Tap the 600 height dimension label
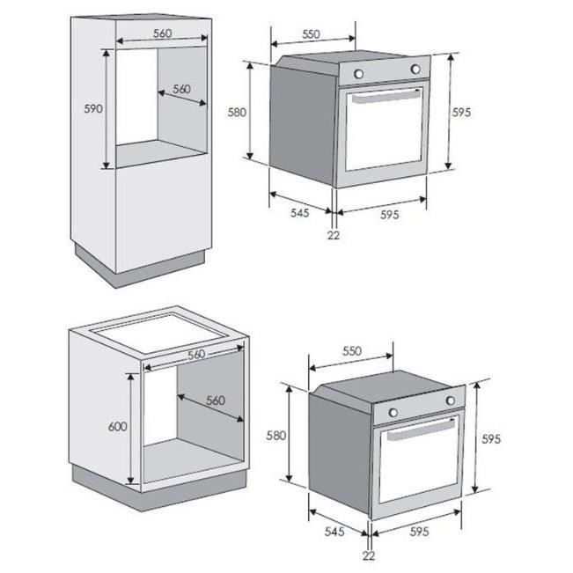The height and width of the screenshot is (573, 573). coord(117,426)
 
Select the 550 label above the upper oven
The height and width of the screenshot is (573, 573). coord(310,34)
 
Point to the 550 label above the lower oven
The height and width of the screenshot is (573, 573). coord(351,350)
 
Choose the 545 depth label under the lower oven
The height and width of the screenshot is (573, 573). coord(334,531)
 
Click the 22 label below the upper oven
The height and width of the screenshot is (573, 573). coord(333,235)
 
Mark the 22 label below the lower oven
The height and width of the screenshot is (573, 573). coord(368,556)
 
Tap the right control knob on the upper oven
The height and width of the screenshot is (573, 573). coord(414,70)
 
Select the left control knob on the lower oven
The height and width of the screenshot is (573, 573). coord(393,412)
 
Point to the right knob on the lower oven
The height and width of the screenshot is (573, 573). coord(450,400)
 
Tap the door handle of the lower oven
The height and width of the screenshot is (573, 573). coord(420,432)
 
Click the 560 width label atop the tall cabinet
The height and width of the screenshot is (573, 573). coord(160,33)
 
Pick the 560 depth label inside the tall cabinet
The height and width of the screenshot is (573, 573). coord(181,89)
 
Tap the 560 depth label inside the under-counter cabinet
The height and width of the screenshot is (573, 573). coord(216,400)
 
